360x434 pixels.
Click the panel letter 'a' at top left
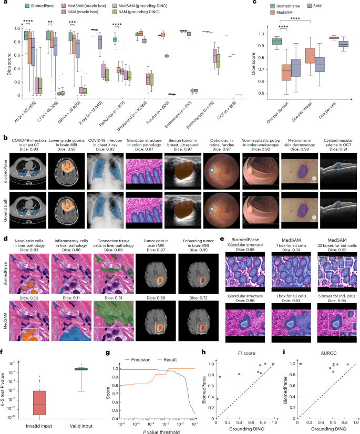click(x=3, y=3)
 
